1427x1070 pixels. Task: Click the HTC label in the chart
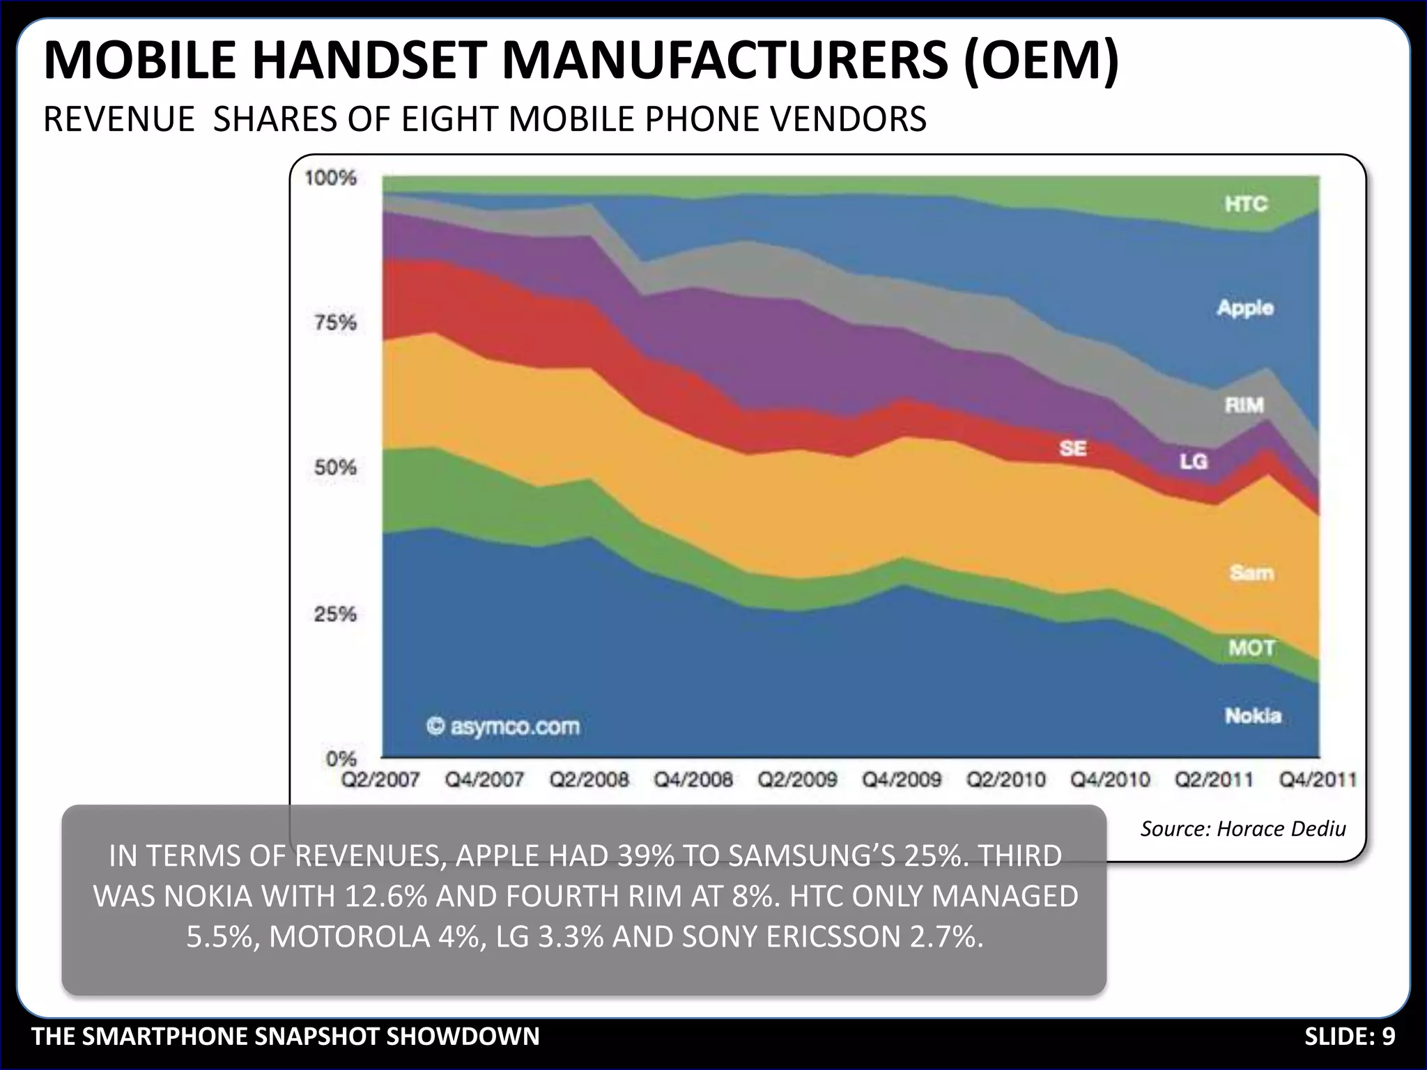pyautogui.click(x=1246, y=204)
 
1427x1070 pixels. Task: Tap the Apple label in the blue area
pyautogui.click(x=1245, y=307)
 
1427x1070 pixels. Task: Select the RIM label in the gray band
pyautogui.click(x=1244, y=405)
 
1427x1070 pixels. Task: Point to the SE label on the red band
pyautogui.click(x=1072, y=448)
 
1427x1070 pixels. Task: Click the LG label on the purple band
pyautogui.click(x=1193, y=461)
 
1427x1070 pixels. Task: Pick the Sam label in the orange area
pyautogui.click(x=1251, y=573)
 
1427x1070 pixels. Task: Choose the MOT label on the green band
pyautogui.click(x=1251, y=648)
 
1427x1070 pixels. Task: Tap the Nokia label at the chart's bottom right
pyautogui.click(x=1253, y=715)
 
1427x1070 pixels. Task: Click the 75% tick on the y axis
pyautogui.click(x=335, y=323)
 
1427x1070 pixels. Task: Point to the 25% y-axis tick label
pyautogui.click(x=335, y=614)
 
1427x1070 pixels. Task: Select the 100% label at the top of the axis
pyautogui.click(x=330, y=178)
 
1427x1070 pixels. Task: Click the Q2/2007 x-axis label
pyautogui.click(x=380, y=780)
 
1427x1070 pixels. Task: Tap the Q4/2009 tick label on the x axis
pyautogui.click(x=902, y=780)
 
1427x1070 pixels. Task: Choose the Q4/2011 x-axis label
pyautogui.click(x=1318, y=780)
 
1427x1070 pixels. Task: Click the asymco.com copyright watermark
pyautogui.click(x=503, y=727)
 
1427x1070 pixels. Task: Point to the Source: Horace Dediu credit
pyautogui.click(x=1242, y=828)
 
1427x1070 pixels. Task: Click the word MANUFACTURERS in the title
pyautogui.click(x=725, y=61)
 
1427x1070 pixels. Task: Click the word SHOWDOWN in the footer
pyautogui.click(x=463, y=1037)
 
